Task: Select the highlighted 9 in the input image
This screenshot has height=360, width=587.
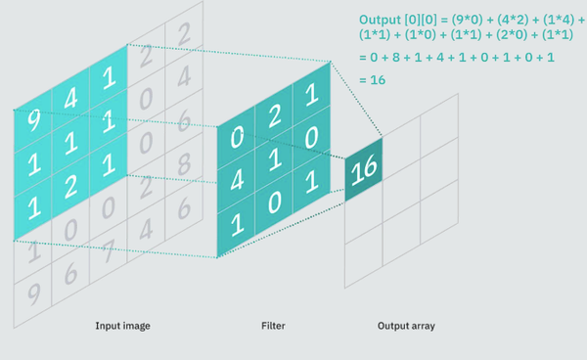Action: tap(34, 121)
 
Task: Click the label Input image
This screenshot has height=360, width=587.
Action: tap(122, 325)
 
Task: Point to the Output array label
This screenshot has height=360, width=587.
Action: tap(406, 325)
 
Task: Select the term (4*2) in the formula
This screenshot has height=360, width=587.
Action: tap(519, 19)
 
